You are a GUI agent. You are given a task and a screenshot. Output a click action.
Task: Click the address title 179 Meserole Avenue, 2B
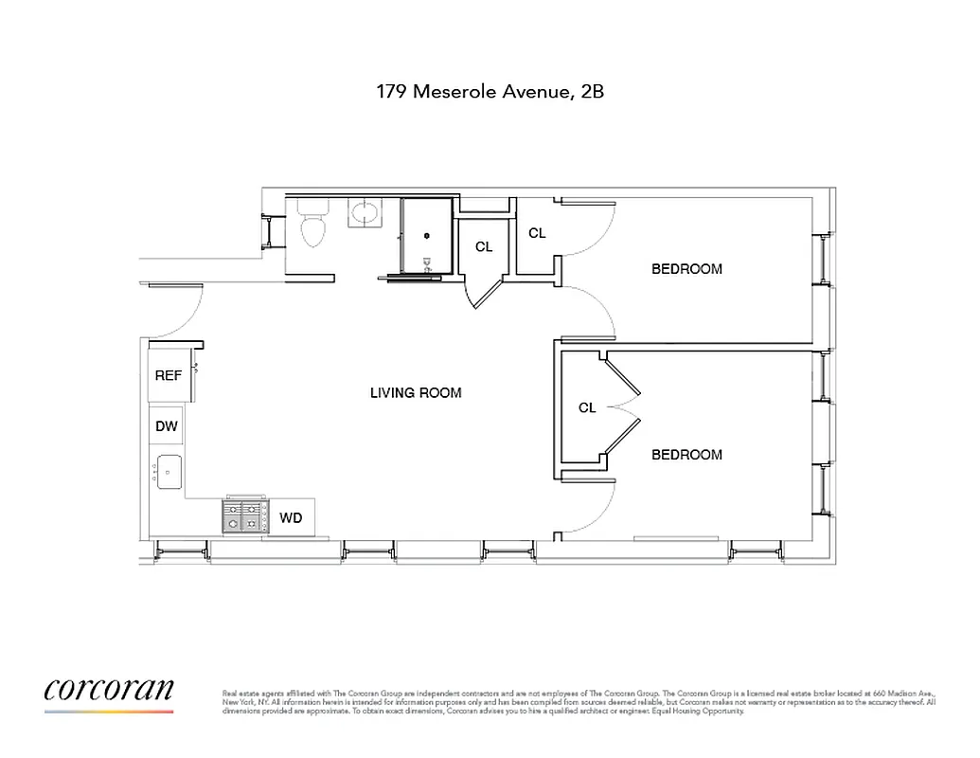[490, 93]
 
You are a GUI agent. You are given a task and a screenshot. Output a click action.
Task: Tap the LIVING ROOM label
[416, 392]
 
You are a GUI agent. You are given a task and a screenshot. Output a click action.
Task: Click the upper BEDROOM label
[686, 269]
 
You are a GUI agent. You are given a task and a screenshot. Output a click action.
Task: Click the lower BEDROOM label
[686, 455]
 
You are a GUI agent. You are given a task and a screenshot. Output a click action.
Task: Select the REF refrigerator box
[169, 375]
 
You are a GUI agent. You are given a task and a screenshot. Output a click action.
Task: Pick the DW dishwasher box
[167, 426]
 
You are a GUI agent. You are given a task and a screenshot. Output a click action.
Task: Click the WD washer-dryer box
[292, 518]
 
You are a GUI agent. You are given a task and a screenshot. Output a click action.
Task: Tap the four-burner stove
[242, 516]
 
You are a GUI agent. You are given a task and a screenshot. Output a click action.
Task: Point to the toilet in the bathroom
[311, 226]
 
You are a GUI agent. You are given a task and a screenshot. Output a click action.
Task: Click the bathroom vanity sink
[364, 213]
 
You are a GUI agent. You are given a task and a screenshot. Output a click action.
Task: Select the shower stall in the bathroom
[427, 237]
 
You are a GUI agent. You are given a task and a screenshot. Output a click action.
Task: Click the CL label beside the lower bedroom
[587, 408]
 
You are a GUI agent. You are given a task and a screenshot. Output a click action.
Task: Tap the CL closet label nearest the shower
[484, 247]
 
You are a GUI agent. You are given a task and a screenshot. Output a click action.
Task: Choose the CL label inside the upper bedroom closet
[537, 233]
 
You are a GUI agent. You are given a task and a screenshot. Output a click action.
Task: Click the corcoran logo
[109, 691]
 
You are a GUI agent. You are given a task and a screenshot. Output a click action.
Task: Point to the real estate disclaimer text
[578, 701]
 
